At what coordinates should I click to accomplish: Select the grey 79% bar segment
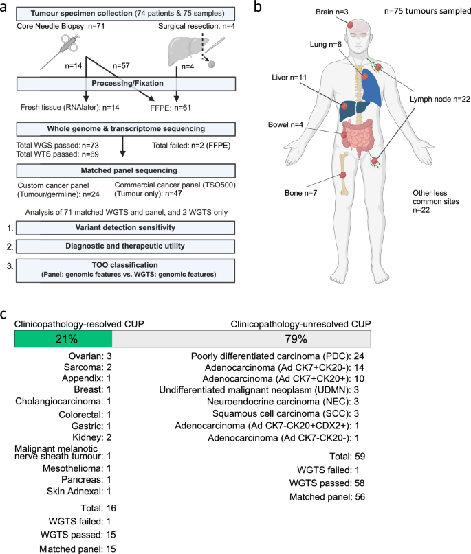click(x=241, y=339)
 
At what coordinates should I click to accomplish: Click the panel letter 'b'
click(x=256, y=8)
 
